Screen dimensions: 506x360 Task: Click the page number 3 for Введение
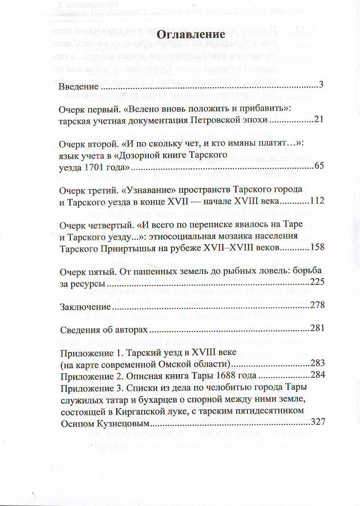tap(321, 85)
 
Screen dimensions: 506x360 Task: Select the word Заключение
tap(82, 306)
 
